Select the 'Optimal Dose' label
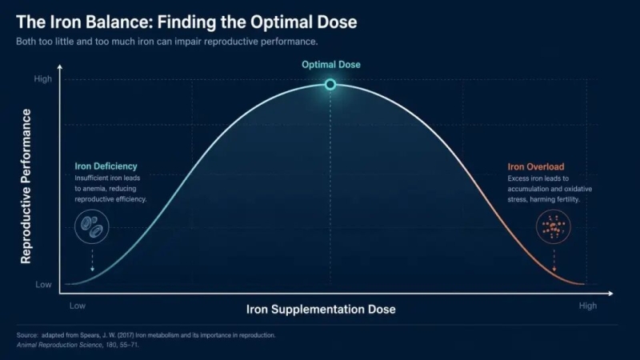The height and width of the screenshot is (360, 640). tap(331, 65)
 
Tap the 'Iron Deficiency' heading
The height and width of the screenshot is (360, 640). tap(106, 166)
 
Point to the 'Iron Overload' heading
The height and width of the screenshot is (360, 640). tap(536, 166)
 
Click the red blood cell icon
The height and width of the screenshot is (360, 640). tap(92, 226)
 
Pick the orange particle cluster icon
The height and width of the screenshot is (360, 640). tap(553, 226)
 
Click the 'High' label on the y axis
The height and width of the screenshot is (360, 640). tap(43, 78)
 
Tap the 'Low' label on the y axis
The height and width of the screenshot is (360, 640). tap(43, 285)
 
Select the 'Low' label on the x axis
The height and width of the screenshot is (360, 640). tap(78, 306)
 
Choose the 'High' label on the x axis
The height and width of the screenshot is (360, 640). tap(588, 306)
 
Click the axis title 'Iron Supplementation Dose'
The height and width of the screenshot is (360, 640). tap(321, 310)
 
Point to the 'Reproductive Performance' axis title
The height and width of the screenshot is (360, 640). tap(26, 186)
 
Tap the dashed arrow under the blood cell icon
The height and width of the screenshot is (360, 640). tap(92, 260)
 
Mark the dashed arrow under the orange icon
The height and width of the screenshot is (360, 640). tap(554, 261)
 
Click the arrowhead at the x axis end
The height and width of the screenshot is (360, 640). tap(610, 293)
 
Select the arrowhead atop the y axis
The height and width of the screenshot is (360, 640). tap(60, 66)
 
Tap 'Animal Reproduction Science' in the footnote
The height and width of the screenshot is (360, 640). tap(58, 345)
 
